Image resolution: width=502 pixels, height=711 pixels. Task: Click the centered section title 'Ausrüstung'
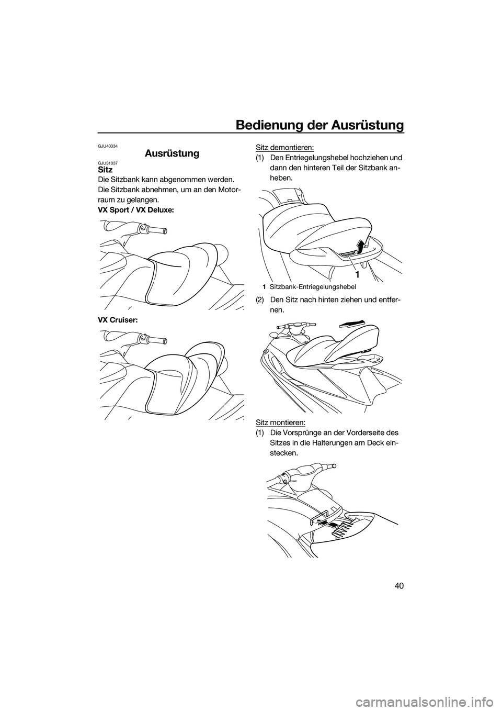click(172, 153)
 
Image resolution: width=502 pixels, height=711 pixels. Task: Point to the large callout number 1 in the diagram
click(357, 274)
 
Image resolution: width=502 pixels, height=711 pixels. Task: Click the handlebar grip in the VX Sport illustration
click(156, 229)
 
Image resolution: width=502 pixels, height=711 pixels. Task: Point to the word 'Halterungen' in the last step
click(330, 442)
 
